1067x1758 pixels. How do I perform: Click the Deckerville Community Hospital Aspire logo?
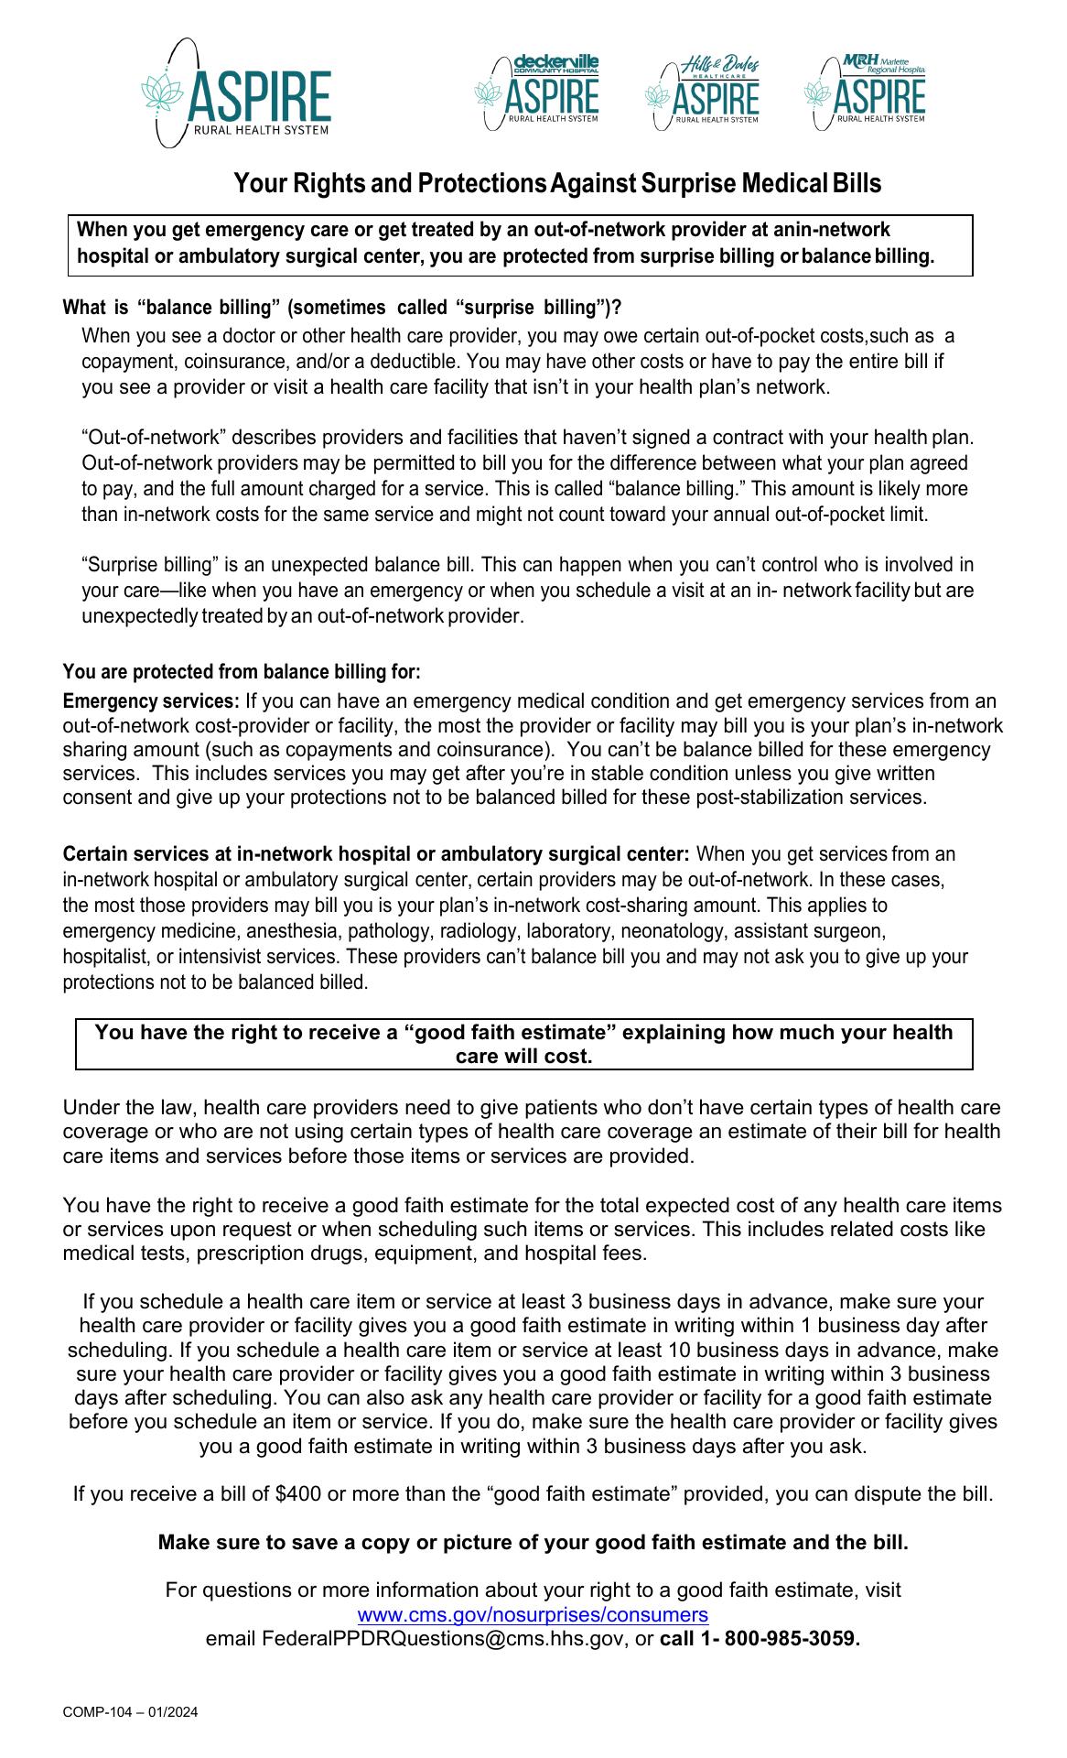tap(537, 92)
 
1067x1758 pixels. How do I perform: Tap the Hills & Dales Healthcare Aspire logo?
tap(703, 92)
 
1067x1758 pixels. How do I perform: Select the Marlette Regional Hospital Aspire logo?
tap(866, 92)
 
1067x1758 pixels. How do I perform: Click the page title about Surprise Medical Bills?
tap(557, 184)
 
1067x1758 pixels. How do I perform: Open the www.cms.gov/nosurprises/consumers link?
tap(533, 1614)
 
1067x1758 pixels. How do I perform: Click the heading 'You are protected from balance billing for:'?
tap(242, 672)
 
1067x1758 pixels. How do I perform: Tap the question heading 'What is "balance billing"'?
tap(342, 307)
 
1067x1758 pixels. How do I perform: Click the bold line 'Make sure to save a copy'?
tap(533, 1543)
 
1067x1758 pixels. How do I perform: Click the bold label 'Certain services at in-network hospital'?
tap(375, 855)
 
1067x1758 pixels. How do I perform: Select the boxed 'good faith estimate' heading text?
tap(523, 1044)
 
